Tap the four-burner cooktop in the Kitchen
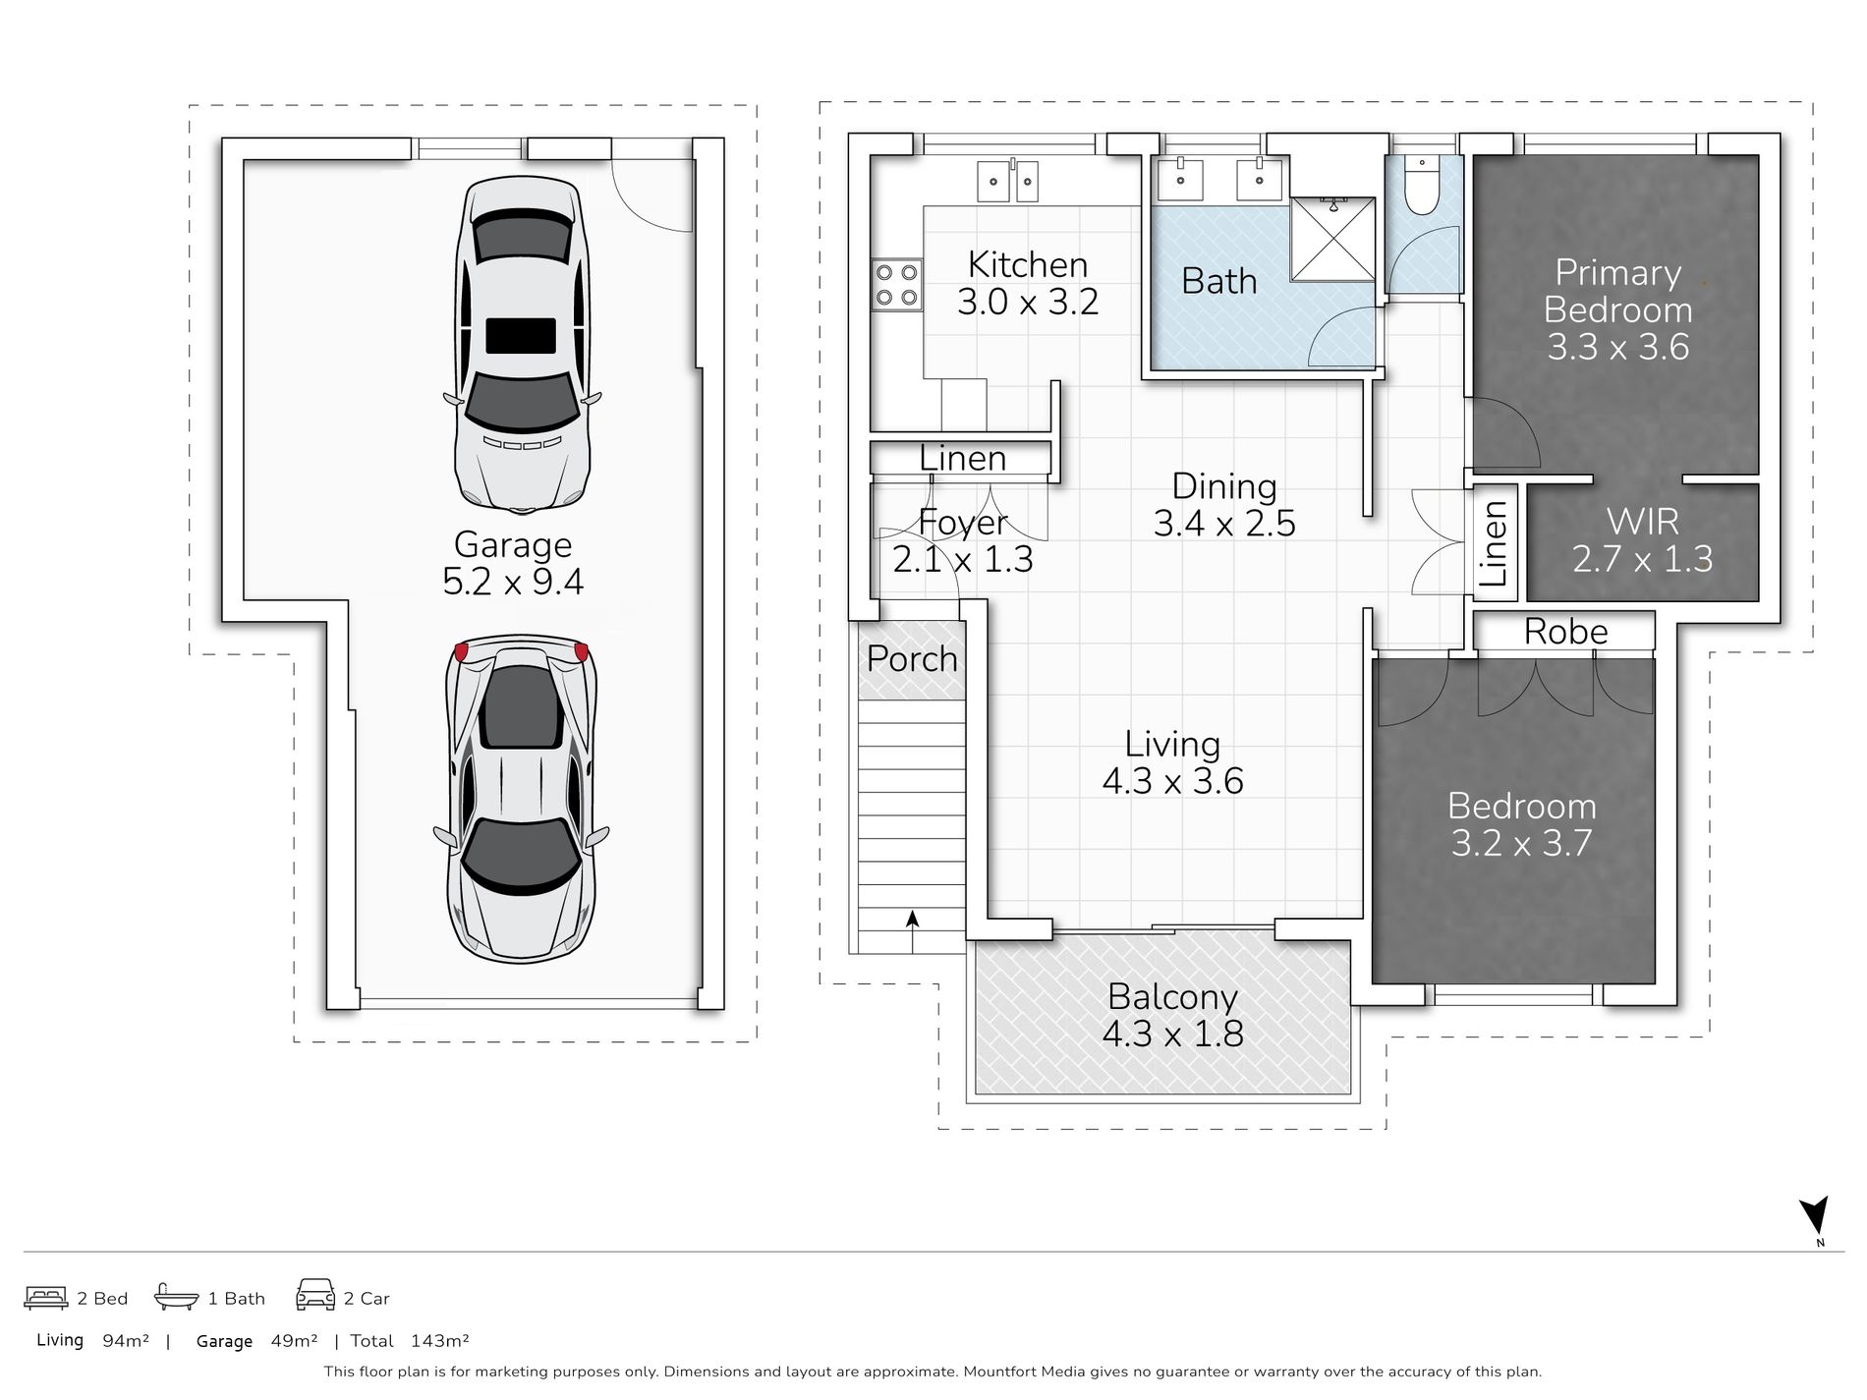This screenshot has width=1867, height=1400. [x=896, y=285]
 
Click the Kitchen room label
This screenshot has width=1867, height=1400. [x=1028, y=264]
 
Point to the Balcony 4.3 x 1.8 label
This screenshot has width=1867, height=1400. [x=1172, y=1015]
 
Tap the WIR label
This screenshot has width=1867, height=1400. [x=1642, y=521]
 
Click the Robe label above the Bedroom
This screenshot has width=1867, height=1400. [x=1565, y=631]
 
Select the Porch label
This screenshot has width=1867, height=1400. [x=912, y=658]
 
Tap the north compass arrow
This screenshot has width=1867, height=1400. [x=1814, y=1215]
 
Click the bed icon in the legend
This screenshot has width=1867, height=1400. [x=45, y=1297]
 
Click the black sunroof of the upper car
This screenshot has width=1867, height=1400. [x=521, y=335]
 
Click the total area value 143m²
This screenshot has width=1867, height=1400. [x=439, y=1341]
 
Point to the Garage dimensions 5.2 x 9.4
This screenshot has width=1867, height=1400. [x=513, y=582]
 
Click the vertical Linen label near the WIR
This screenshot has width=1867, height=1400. [x=1494, y=542]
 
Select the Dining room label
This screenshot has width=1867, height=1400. [x=1224, y=486]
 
